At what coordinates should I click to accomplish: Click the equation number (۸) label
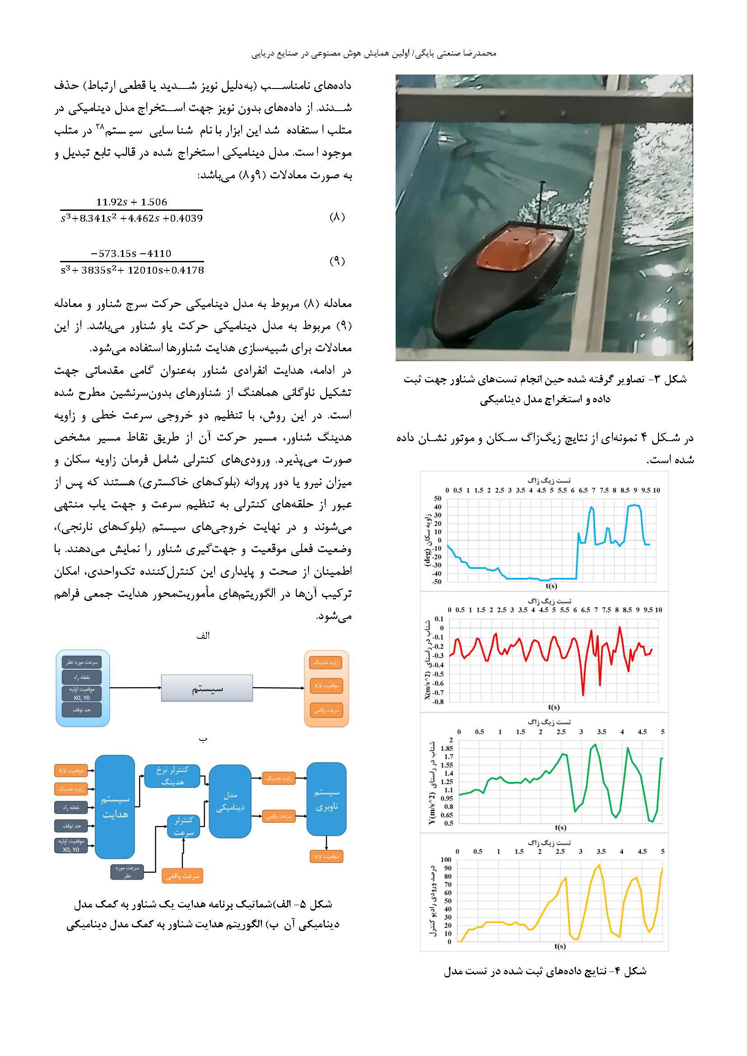point(337,217)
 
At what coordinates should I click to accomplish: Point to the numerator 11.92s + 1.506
point(131,202)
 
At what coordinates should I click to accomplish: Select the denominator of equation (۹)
point(132,270)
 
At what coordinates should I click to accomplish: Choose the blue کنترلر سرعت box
point(183,827)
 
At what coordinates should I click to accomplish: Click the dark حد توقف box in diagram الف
point(82,710)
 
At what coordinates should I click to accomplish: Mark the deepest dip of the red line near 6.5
point(583,695)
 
